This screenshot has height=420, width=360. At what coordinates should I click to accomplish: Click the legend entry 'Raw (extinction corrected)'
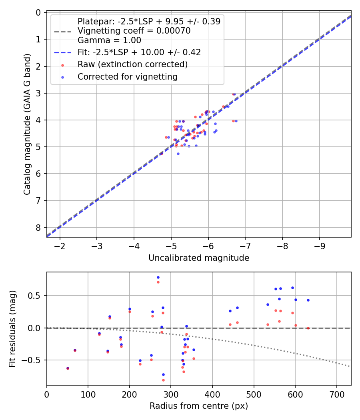pyautogui.click(x=132, y=64)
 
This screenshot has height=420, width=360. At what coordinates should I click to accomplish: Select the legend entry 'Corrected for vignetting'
pyautogui.click(x=127, y=76)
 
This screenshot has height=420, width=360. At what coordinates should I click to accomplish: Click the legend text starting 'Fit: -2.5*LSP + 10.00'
pyautogui.click(x=139, y=52)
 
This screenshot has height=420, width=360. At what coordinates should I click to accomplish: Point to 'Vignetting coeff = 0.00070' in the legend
pyautogui.click(x=134, y=31)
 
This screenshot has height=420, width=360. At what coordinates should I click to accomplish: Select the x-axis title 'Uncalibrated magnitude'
pyautogui.click(x=199, y=258)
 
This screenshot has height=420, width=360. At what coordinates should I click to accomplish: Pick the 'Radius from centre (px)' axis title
pyautogui.click(x=199, y=406)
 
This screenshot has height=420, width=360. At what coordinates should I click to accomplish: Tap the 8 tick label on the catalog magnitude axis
pyautogui.click(x=38, y=228)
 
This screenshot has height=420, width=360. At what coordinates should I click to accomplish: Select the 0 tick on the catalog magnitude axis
pyautogui.click(x=38, y=12)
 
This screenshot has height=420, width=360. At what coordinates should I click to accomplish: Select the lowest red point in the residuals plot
pyautogui.click(x=163, y=380)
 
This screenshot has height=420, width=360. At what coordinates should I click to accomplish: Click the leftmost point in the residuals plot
pyautogui.click(x=68, y=368)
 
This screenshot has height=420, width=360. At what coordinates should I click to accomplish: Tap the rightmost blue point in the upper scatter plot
pyautogui.click(x=236, y=121)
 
